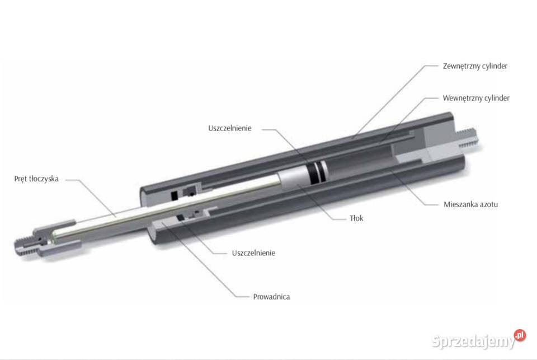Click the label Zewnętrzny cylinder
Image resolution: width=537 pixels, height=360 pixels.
pyautogui.click(x=475, y=66)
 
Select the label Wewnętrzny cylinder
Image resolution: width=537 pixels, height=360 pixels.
pyautogui.click(x=476, y=99)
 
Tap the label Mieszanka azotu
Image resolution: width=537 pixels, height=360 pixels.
pyautogui.click(x=470, y=204)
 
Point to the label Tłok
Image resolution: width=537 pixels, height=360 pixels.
pyautogui.click(x=356, y=218)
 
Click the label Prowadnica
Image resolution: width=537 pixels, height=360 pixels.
pyautogui.click(x=271, y=297)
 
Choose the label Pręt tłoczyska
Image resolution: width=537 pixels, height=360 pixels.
pyautogui.click(x=36, y=179)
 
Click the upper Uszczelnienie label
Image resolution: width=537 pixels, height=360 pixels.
pyautogui.click(x=230, y=128)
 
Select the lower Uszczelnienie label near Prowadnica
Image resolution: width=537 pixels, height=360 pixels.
pyautogui.click(x=253, y=253)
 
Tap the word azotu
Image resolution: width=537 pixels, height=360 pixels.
pyautogui.click(x=487, y=204)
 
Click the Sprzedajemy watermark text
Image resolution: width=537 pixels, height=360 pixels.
pyautogui.click(x=473, y=341)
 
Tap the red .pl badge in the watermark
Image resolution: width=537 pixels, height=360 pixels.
pyautogui.click(x=520, y=335)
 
